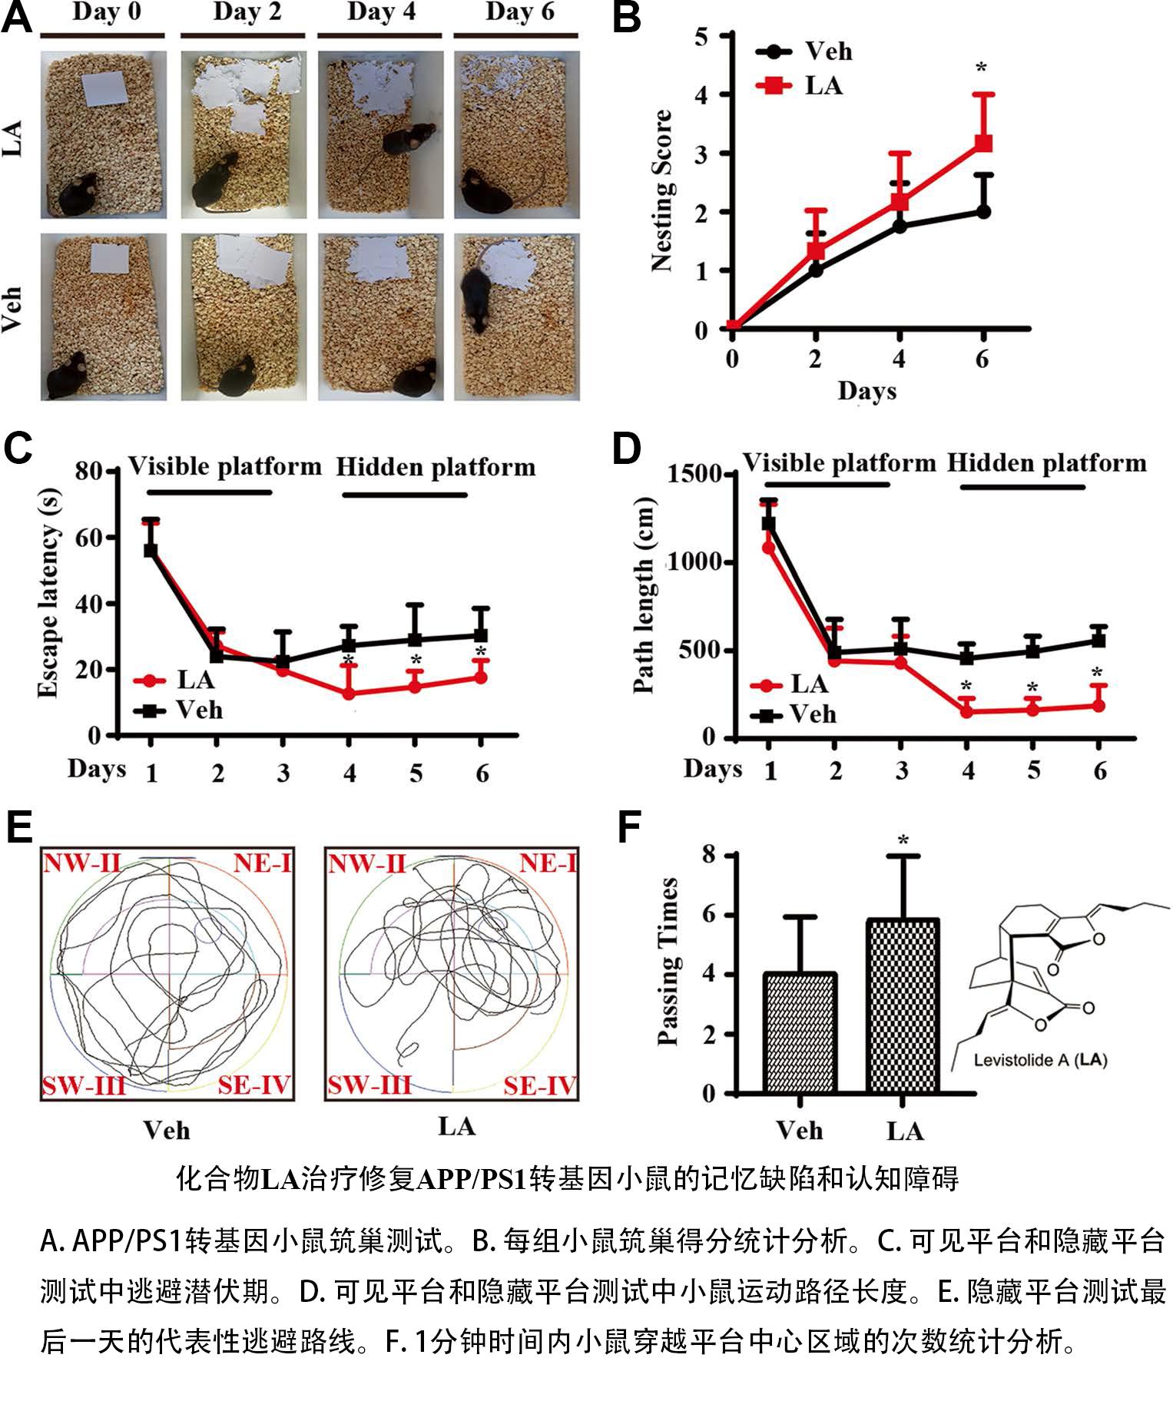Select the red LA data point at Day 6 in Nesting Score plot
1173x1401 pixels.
(x=982, y=143)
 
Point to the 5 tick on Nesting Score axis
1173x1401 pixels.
(x=700, y=36)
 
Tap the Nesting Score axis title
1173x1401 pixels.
(x=661, y=190)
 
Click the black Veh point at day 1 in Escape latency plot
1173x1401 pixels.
(x=151, y=550)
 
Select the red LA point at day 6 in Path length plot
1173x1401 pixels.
(x=1098, y=705)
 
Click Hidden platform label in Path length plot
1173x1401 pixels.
(x=1046, y=463)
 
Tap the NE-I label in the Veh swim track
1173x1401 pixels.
(x=262, y=863)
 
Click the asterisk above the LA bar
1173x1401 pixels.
(x=904, y=840)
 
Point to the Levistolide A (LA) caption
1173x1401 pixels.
(x=1040, y=1061)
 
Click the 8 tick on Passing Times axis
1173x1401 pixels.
(x=711, y=855)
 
